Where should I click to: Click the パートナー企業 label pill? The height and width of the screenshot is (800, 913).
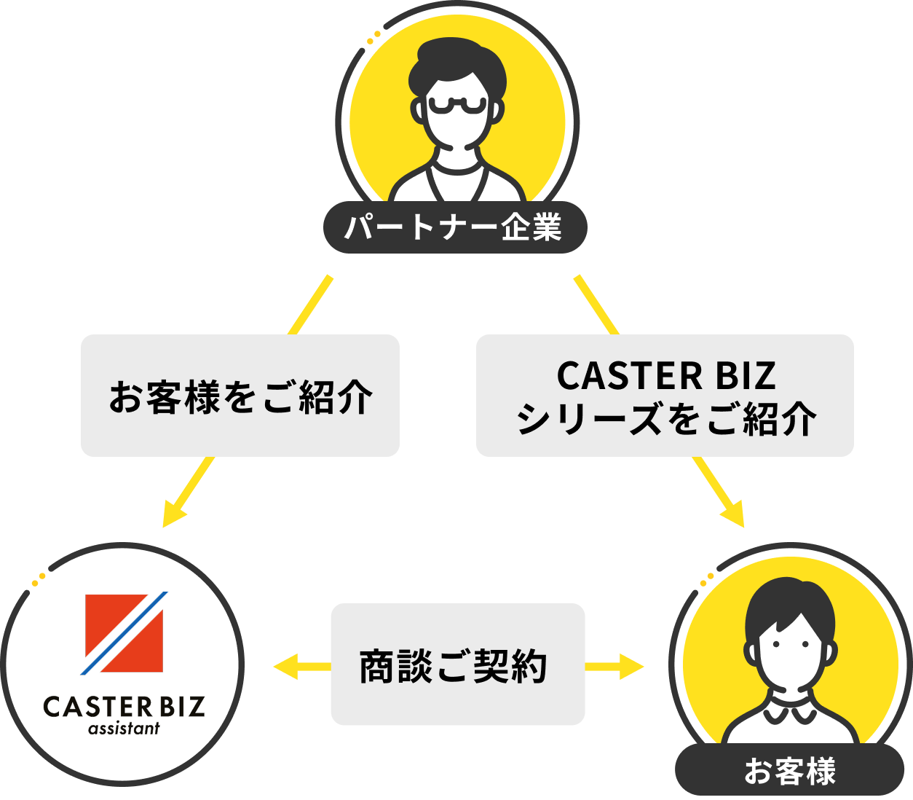tap(454, 227)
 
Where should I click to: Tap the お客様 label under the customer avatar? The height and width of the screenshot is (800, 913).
tap(789, 771)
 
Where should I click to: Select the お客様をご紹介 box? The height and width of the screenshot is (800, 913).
tap(240, 396)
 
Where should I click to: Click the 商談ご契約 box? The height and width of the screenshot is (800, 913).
tap(457, 664)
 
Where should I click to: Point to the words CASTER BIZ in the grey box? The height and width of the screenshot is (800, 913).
tap(665, 376)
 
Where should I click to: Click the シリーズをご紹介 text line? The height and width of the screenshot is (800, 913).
tap(665, 420)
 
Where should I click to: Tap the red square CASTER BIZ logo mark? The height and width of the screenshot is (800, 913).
tap(124, 632)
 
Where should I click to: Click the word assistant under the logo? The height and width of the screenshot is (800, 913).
tap(124, 729)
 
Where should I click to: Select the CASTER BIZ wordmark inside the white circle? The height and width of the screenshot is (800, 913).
tap(124, 706)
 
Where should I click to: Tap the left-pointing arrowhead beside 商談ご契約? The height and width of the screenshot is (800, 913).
tap(284, 666)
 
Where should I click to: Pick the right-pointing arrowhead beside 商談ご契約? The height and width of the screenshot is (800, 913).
tap(633, 666)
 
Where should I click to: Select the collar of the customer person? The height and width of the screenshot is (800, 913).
tap(789, 710)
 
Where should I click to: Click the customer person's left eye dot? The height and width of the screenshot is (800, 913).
tap(775, 644)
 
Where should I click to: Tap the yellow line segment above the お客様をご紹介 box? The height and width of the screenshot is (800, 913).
tap(310, 306)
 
